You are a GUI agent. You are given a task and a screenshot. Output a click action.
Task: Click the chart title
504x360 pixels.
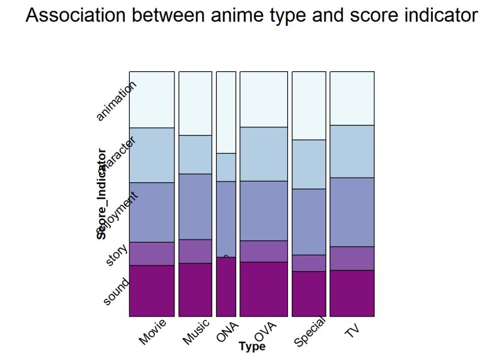(251, 16)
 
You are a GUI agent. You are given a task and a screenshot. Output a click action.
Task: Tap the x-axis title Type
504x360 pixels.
(252, 346)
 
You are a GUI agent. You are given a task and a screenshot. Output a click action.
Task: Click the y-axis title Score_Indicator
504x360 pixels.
(101, 194)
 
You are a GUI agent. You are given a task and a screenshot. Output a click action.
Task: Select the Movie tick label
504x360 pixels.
(152, 332)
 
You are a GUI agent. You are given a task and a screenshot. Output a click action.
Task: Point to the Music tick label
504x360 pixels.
(196, 332)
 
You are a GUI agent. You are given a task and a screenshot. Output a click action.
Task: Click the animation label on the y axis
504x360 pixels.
(116, 100)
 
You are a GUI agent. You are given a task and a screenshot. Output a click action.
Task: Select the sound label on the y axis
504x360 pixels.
(116, 292)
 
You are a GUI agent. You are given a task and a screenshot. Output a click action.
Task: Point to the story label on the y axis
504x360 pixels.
(117, 253)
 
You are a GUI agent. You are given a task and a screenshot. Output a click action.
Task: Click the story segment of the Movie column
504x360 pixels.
(152, 253)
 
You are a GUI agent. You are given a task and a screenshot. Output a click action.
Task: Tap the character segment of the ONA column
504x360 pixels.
(226, 167)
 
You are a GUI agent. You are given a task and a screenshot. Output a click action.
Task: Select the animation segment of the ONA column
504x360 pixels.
(226, 112)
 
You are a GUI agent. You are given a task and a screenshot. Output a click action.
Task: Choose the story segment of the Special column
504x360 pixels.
(309, 263)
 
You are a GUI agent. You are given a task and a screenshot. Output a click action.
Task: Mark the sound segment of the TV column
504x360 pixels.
(352, 293)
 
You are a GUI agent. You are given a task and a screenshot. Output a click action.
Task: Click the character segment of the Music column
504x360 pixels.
(195, 154)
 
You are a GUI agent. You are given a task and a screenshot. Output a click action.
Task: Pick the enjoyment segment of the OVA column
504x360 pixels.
(264, 211)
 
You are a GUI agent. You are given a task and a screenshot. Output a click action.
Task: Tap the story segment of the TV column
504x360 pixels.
(352, 258)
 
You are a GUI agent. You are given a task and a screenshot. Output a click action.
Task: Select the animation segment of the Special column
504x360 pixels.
(309, 105)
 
